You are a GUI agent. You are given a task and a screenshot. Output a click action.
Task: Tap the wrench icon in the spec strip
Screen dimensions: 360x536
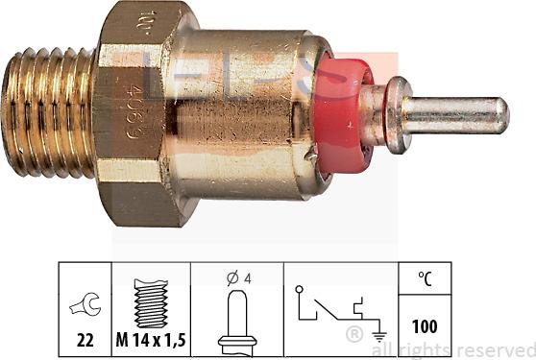point(85,305)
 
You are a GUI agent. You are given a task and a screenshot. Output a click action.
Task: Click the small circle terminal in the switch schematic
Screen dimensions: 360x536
point(302,288)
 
